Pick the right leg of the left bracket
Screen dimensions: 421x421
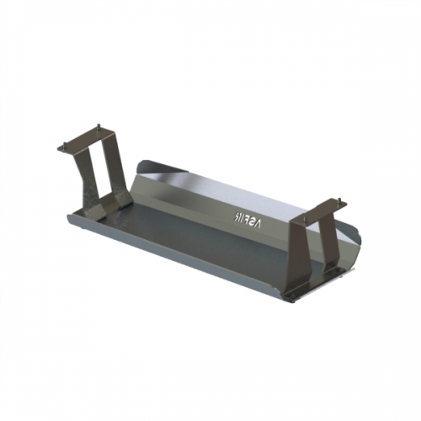115,168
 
